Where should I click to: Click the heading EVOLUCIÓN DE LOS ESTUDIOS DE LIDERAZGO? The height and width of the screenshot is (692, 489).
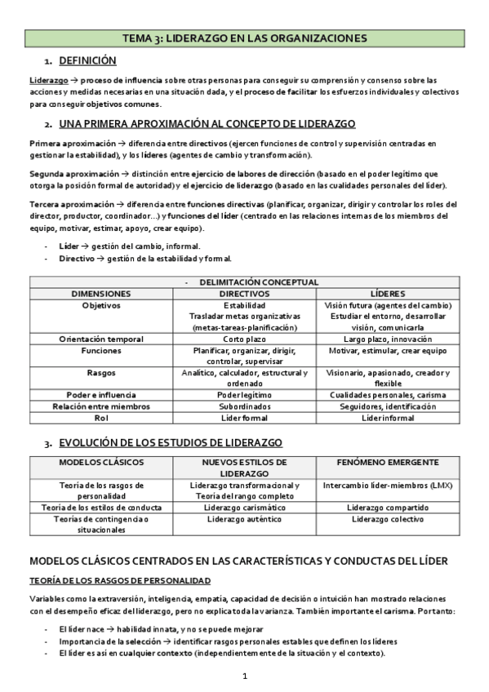point(171,443)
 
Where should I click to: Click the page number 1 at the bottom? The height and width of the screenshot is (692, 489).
point(244,676)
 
